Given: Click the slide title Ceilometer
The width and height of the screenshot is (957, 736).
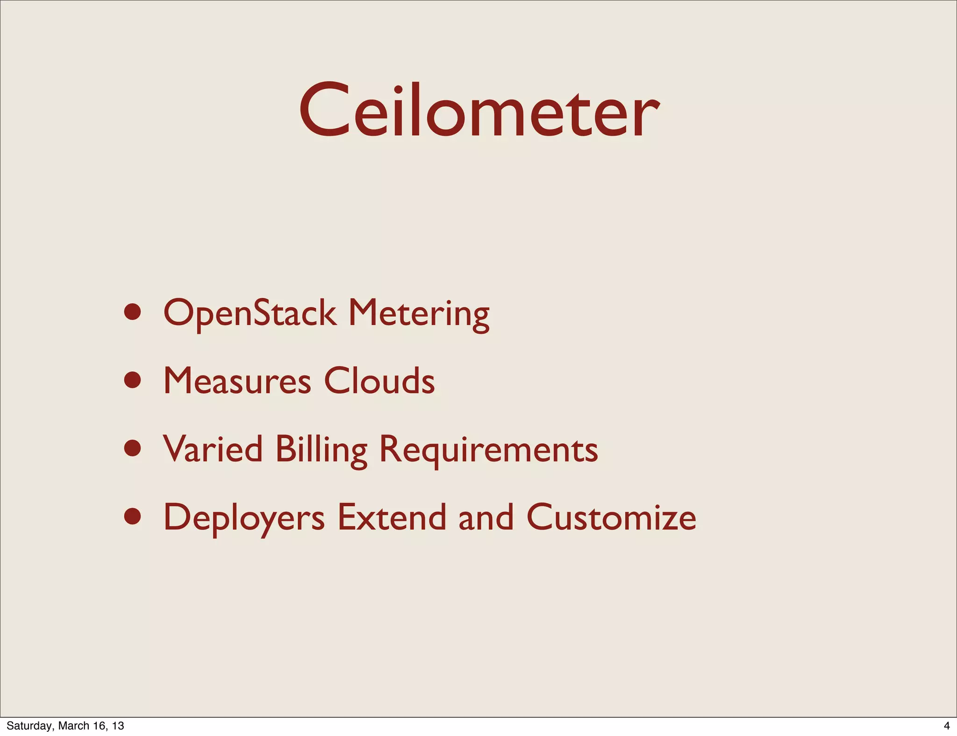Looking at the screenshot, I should point(479,111).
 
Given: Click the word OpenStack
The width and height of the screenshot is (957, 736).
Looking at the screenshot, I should point(250,313).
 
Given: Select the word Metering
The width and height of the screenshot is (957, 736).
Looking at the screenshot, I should point(419,314).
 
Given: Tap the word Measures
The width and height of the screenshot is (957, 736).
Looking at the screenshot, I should point(237,381).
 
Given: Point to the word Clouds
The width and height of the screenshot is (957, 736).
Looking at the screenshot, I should point(379,381).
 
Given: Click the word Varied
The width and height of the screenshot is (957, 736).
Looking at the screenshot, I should point(213,449).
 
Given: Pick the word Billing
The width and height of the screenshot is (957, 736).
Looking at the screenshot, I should point(321,450).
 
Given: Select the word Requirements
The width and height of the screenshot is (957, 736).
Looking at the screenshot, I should point(488,450).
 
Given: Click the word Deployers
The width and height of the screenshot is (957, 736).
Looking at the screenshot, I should point(244,518).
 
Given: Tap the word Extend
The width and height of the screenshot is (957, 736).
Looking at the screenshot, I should point(392,517).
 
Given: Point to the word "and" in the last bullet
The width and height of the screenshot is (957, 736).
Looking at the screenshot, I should point(486,517).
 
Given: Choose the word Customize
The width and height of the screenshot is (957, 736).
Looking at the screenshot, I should point(611,517).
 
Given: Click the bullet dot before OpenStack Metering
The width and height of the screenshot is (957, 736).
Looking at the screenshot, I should point(133,312).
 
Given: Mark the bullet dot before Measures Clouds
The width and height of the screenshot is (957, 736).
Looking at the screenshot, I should point(133,380).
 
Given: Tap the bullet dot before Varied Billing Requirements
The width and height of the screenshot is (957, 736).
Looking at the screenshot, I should point(133,448).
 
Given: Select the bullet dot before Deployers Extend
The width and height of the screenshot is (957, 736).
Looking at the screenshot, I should point(133,517).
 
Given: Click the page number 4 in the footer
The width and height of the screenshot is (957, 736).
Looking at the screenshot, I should point(947,726).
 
